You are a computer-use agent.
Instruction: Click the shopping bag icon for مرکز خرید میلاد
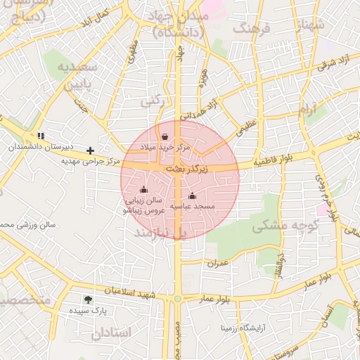pyautogui.click(x=165, y=136)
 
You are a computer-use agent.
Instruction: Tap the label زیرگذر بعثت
pyautogui.click(x=187, y=169)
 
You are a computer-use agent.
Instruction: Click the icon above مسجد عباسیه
pyautogui.click(x=192, y=195)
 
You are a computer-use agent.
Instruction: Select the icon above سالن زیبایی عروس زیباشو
pyautogui.click(x=144, y=189)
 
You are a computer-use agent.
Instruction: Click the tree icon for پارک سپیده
pyautogui.click(x=88, y=299)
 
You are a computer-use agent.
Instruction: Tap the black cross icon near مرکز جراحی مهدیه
pyautogui.click(x=90, y=150)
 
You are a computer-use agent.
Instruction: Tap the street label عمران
pyautogui.click(x=219, y=262)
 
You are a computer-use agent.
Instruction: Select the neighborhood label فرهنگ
pyautogui.click(x=254, y=30)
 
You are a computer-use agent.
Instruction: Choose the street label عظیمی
pyautogui.click(x=246, y=126)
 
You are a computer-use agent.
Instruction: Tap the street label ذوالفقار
pyautogui.click(x=281, y=264)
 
